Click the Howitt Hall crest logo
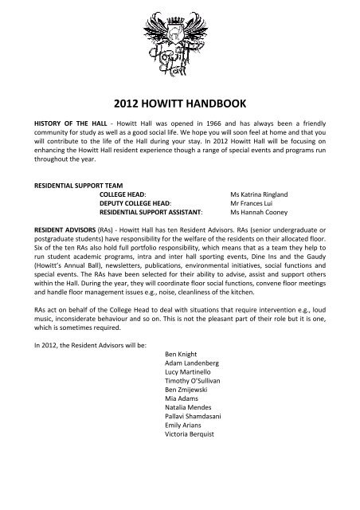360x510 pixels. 180,35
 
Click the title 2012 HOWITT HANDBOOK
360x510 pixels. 180,101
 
